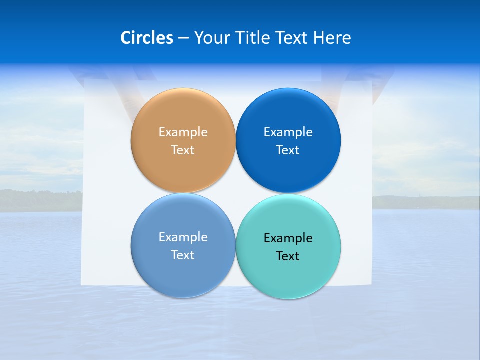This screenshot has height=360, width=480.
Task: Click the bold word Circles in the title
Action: tap(147, 38)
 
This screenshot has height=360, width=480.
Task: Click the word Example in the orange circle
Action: tap(183, 132)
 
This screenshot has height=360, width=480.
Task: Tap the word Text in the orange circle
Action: tap(183, 150)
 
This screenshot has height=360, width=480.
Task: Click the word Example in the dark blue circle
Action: tap(288, 132)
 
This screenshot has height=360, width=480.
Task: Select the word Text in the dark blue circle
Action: tap(288, 150)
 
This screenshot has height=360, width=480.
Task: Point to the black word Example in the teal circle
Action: tap(288, 238)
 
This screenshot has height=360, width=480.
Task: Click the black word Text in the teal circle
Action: tap(288, 256)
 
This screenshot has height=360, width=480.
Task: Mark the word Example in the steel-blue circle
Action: tap(183, 237)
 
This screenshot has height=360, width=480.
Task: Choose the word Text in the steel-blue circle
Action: tap(183, 255)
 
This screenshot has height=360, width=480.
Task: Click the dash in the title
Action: tap(183, 38)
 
